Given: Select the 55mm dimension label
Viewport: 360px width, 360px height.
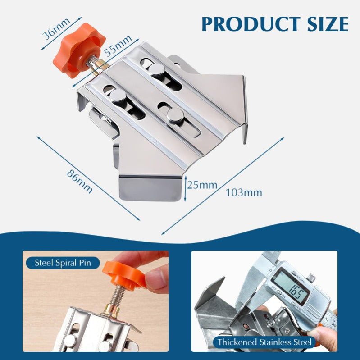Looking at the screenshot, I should tap(116, 46).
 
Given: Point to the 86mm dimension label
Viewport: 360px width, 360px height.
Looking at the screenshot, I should tap(79, 181).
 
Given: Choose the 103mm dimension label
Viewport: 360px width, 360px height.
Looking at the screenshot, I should tap(244, 192).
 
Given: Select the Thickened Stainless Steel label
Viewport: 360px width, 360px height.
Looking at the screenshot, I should tap(264, 342).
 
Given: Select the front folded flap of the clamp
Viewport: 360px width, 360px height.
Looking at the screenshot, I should tap(149, 189).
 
